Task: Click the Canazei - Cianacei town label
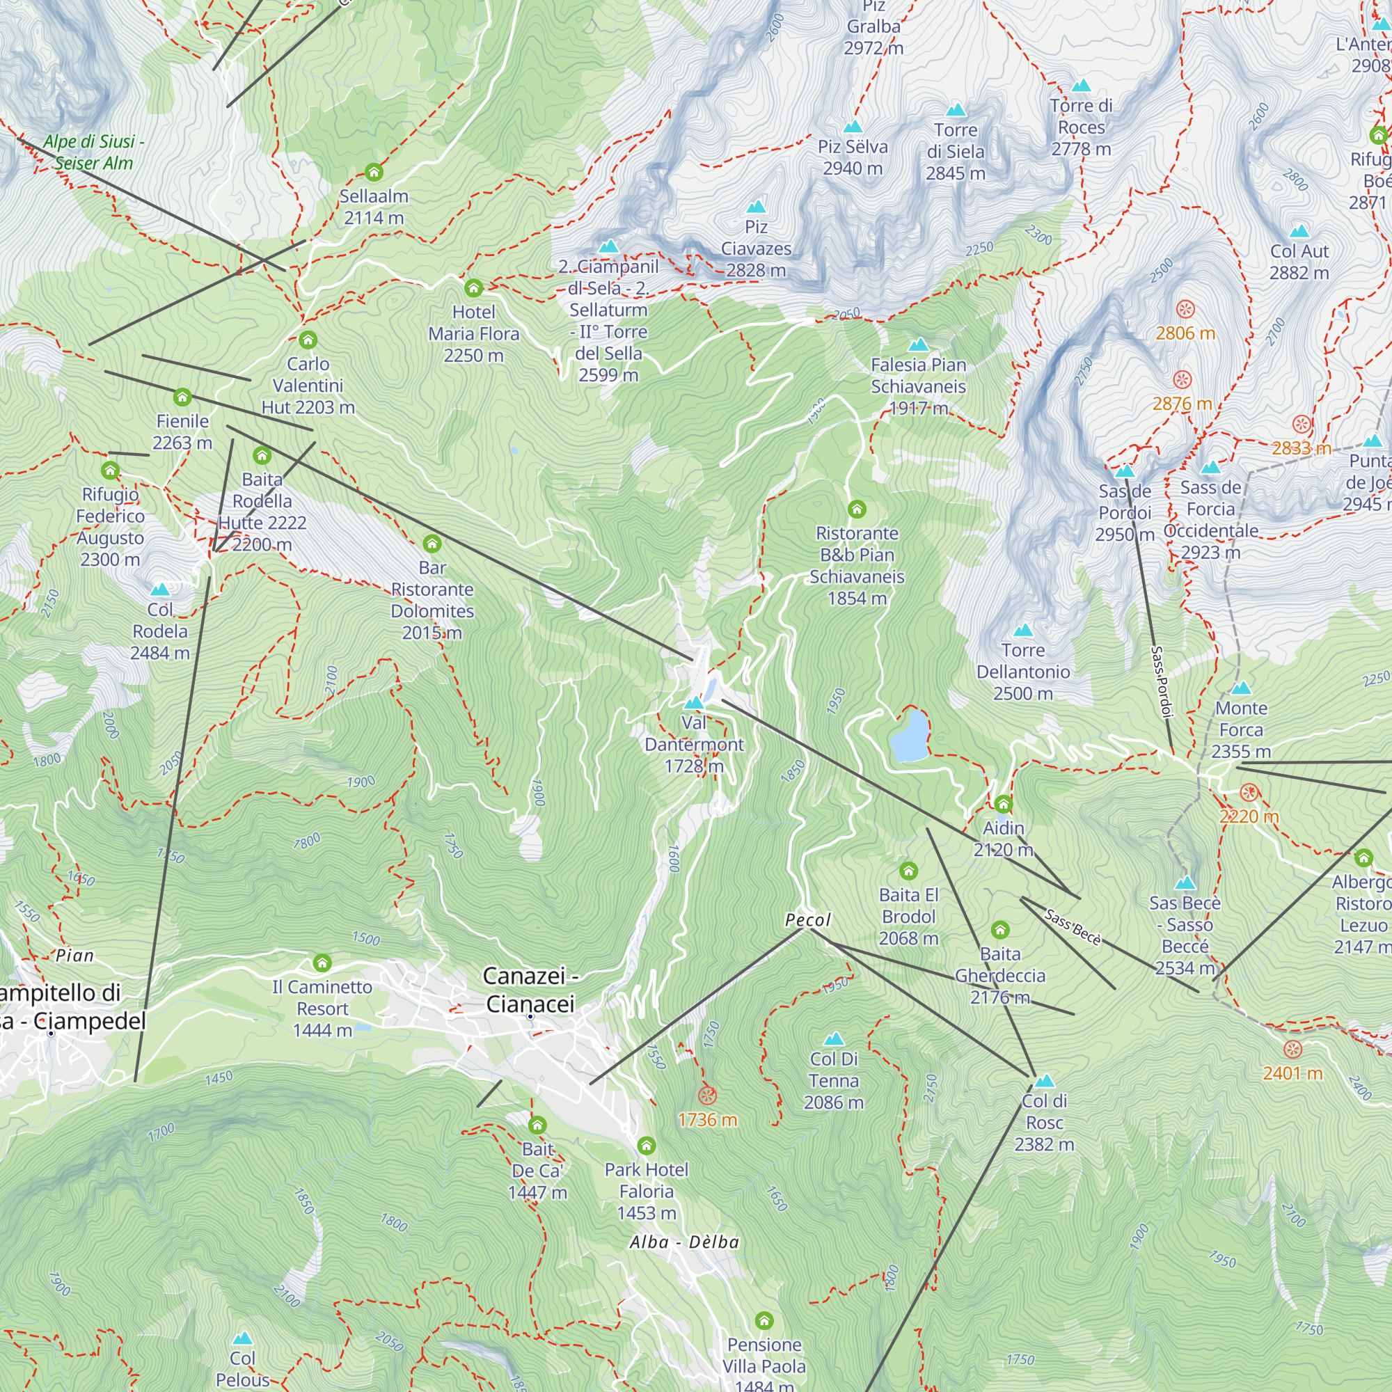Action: pos(530,989)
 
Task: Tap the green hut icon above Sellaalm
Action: pos(373,172)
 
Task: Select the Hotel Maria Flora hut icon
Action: pos(473,288)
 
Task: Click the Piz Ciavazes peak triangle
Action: pos(756,207)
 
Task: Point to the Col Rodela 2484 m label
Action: pos(160,631)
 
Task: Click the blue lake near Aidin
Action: pos(908,736)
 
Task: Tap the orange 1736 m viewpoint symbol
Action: pos(708,1097)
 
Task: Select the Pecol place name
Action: pos(807,920)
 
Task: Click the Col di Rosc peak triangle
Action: pos(1044,1081)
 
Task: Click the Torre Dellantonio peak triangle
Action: pos(1023,631)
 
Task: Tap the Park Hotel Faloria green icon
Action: pos(647,1145)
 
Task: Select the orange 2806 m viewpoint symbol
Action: pos(1185,310)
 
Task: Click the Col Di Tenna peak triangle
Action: pos(834,1039)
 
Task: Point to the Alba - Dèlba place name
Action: pos(683,1242)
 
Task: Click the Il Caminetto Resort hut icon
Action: pos(322,963)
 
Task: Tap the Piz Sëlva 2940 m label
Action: pos(853,157)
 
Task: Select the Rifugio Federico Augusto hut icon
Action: pos(109,471)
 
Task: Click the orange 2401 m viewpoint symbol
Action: pos(1292,1049)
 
